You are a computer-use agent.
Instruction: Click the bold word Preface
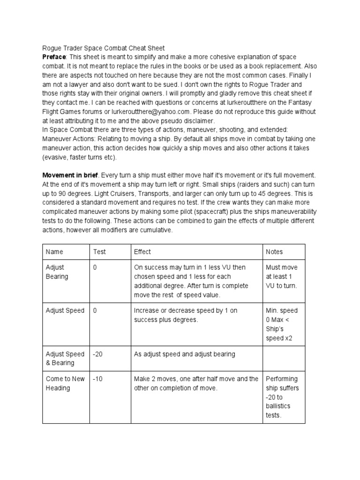click(x=54, y=57)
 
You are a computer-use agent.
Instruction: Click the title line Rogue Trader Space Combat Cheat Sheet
click(x=103, y=48)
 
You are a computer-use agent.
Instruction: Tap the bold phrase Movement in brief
click(x=71, y=174)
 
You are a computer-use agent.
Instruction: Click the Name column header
click(x=54, y=252)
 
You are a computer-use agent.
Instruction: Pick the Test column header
click(x=99, y=252)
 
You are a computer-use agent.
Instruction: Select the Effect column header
click(x=142, y=252)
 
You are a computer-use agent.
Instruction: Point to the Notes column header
click(x=274, y=252)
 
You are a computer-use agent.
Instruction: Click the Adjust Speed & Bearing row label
click(x=65, y=358)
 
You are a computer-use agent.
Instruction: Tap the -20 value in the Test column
click(x=97, y=354)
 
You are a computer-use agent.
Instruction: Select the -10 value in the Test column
click(x=97, y=379)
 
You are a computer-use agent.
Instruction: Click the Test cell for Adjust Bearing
click(x=95, y=268)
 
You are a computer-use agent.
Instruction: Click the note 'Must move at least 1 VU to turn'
click(x=282, y=277)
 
